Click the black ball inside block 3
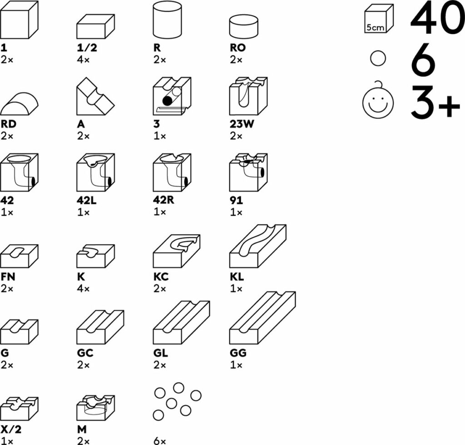(x=167, y=101)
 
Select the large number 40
(x=437, y=17)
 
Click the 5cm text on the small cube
(x=375, y=28)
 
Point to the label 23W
(x=242, y=124)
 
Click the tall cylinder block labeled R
(x=167, y=20)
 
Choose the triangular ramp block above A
(x=95, y=96)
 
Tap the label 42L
(x=87, y=200)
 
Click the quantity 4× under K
(x=83, y=288)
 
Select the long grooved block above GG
(x=262, y=318)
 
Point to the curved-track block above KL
(x=258, y=246)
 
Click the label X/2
(x=11, y=429)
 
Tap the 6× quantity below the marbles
(x=159, y=441)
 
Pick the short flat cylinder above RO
(x=243, y=27)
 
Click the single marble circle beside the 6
(x=378, y=58)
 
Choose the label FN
(x=8, y=277)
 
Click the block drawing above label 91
(x=248, y=172)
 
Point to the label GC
(x=85, y=353)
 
